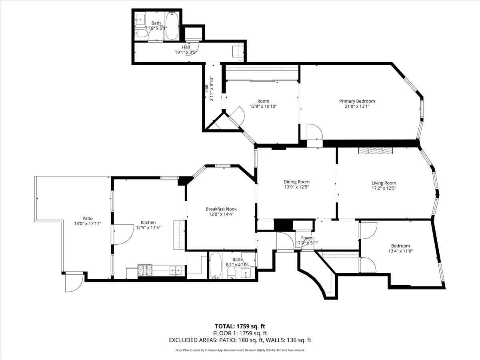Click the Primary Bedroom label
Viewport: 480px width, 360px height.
click(x=357, y=101)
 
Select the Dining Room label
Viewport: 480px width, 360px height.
click(x=296, y=182)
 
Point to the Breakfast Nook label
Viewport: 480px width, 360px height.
click(x=221, y=209)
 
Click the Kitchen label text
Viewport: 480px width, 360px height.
click(x=148, y=222)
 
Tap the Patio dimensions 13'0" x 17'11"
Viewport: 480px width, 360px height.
click(x=88, y=224)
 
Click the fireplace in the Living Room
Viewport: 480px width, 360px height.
click(x=376, y=151)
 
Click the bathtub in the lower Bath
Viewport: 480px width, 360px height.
click(x=215, y=266)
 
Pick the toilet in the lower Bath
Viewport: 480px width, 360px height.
click(x=231, y=273)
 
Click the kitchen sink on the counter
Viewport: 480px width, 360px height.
click(x=175, y=270)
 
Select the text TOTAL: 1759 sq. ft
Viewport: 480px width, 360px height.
click(x=240, y=326)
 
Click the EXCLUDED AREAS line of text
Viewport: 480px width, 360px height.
click(x=240, y=340)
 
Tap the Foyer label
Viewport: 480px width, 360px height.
click(x=306, y=238)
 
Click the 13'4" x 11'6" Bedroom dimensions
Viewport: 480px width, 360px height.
click(x=400, y=251)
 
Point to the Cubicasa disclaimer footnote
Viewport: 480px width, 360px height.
click(x=240, y=350)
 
